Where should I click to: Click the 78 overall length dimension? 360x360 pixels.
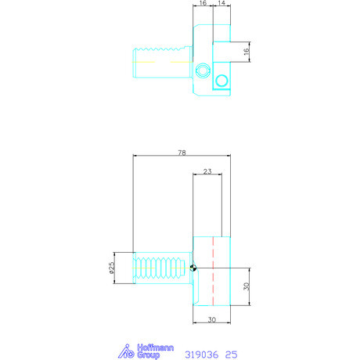click(x=182, y=153)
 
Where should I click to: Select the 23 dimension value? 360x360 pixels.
click(x=207, y=171)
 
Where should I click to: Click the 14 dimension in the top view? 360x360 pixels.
click(x=223, y=4)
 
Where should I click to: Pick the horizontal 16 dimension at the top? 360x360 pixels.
click(x=203, y=4)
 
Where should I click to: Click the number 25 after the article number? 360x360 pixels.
click(x=231, y=354)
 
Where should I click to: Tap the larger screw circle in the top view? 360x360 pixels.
click(x=221, y=80)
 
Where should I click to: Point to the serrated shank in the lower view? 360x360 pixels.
click(x=160, y=267)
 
